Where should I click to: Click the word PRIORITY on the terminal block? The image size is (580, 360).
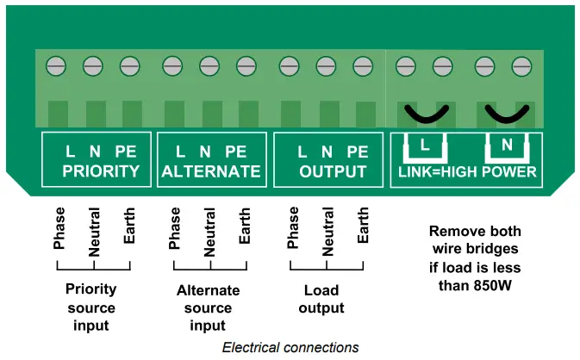pyautogui.click(x=101, y=171)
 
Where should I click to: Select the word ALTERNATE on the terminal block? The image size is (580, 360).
pyautogui.click(x=210, y=171)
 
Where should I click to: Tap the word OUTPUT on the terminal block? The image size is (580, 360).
pyautogui.click(x=333, y=171)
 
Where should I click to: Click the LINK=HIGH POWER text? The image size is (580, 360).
pyautogui.click(x=467, y=171)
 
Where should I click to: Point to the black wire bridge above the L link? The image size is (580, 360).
pyautogui.click(x=424, y=114)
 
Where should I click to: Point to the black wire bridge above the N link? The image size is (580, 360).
pyautogui.click(x=505, y=114)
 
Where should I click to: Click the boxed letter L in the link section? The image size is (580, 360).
pyautogui.click(x=424, y=146)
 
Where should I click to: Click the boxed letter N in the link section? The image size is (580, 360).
pyautogui.click(x=506, y=146)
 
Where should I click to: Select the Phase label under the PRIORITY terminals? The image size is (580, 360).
pyautogui.click(x=59, y=229)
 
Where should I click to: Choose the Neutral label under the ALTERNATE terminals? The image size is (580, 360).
pyautogui.click(x=209, y=233)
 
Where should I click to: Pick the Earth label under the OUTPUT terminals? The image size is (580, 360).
pyautogui.click(x=364, y=226)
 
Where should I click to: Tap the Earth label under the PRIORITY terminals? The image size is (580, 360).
pyautogui.click(x=129, y=226)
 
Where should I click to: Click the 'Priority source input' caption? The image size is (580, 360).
pyautogui.click(x=90, y=307)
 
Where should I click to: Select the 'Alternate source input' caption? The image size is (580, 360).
pyautogui.click(x=208, y=308)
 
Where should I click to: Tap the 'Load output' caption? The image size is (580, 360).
pyautogui.click(x=321, y=300)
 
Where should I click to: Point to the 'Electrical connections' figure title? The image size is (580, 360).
pyautogui.click(x=290, y=348)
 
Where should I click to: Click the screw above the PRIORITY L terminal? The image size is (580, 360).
pyautogui.click(x=57, y=65)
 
